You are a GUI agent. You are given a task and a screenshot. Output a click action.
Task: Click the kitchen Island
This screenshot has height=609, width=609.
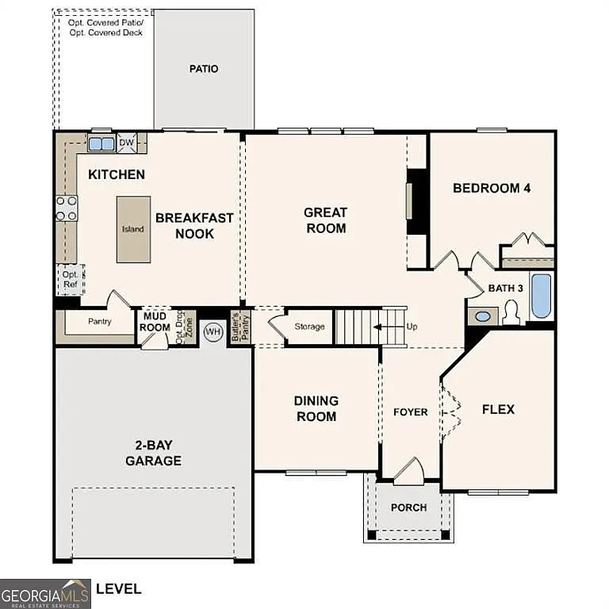click(133, 229)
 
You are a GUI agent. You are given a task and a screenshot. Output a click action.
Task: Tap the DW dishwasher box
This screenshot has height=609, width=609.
click(126, 144)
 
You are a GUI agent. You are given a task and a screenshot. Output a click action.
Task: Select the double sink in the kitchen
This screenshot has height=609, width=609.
click(101, 144)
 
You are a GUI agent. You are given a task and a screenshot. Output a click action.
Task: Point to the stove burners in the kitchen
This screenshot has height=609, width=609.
click(67, 208)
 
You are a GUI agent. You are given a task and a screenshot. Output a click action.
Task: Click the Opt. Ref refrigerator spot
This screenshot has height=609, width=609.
click(70, 279)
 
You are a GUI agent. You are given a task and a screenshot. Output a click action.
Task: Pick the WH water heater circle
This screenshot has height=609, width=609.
click(213, 331)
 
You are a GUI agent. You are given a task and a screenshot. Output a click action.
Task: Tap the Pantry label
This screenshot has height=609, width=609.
click(99, 322)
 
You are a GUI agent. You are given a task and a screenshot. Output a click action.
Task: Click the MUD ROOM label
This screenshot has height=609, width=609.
click(155, 322)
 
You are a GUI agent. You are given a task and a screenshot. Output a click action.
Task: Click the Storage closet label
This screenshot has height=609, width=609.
click(309, 327)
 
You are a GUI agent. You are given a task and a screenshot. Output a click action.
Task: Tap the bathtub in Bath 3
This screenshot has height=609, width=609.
click(541, 297)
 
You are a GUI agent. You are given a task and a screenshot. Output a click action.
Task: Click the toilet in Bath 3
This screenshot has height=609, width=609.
click(511, 314)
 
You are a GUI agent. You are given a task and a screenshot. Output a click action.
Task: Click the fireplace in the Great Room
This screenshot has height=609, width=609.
click(416, 201)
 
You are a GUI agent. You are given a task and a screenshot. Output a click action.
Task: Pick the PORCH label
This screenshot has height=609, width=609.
click(409, 507)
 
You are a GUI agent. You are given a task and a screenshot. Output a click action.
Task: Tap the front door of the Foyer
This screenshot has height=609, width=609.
click(409, 473)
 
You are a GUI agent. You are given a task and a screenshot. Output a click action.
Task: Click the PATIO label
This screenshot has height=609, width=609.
click(204, 69)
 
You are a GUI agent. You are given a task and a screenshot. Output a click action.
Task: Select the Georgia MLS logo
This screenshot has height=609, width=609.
click(45, 593)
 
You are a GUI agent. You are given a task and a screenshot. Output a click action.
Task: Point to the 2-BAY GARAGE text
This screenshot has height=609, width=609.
click(153, 454)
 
